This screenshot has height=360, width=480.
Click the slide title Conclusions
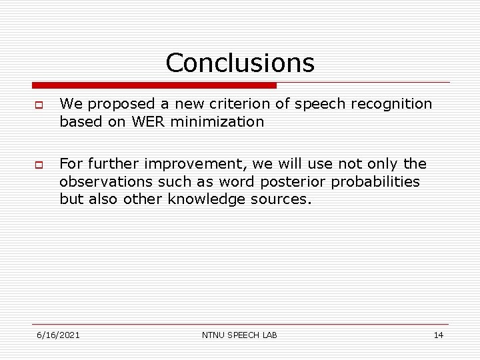click(240, 63)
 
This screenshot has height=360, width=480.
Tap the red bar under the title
click(154, 85)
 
